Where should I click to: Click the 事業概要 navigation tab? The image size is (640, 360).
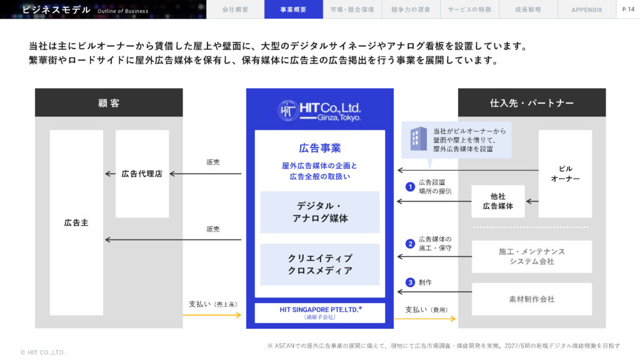pos(294,9)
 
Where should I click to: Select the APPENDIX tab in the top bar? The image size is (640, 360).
pos(586,9)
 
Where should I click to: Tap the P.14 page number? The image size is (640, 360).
pos(628,9)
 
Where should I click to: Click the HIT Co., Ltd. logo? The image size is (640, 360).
pos(319,110)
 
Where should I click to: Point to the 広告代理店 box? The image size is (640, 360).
pos(142,174)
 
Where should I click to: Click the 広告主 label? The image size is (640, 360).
pos(76,223)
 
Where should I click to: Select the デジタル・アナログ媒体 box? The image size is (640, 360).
pos(320,212)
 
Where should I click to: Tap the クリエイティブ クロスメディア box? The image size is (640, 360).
pos(320,264)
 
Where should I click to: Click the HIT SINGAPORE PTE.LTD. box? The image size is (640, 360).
pos(320,312)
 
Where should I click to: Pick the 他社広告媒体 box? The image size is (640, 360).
pos(498,201)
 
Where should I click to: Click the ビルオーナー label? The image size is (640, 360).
pos(565,174)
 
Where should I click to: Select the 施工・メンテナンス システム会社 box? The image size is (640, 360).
pos(532,256)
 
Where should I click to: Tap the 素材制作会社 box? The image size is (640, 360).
pos(532,299)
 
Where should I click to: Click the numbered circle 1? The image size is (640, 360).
pos(410,187)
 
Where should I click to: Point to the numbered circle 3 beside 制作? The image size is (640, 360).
pos(410,282)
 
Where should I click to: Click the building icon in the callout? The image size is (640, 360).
pos(418,139)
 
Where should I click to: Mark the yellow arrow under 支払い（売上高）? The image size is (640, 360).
pos(212,315)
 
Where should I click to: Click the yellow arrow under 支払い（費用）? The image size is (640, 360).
pos(425,318)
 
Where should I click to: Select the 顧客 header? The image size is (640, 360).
pos(109,103)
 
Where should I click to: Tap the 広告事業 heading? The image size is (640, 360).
pos(320,148)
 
